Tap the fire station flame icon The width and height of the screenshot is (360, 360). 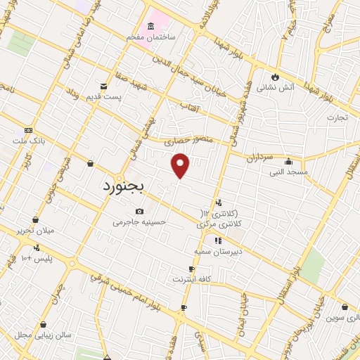click(275, 77)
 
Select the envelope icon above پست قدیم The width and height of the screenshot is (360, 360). click(104, 86)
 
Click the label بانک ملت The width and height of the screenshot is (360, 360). click(28, 141)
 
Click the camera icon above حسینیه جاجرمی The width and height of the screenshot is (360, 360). click(139, 212)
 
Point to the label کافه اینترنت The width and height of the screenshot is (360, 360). click(192, 279)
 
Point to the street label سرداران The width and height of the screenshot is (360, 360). click(259, 159)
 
